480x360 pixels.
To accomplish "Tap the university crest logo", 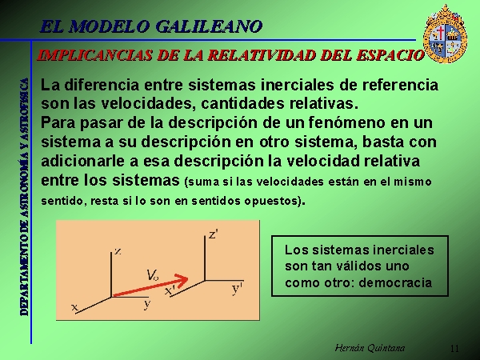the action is [445, 34].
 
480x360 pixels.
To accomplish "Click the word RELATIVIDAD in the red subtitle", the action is [262, 55].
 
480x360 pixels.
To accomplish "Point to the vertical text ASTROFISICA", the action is [25, 106].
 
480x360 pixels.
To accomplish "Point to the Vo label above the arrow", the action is [152, 275].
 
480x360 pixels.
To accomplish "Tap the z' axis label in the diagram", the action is [214, 234].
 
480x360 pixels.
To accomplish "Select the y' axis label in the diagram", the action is [237, 288].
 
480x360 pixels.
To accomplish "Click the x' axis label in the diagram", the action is [170, 290].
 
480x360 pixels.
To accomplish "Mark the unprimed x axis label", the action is [74, 306].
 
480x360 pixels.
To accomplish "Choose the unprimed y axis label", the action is [147, 304].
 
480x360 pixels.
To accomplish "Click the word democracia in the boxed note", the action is [395, 282].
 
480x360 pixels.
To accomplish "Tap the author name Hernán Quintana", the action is [370, 348].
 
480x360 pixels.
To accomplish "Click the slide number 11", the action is [454, 348].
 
